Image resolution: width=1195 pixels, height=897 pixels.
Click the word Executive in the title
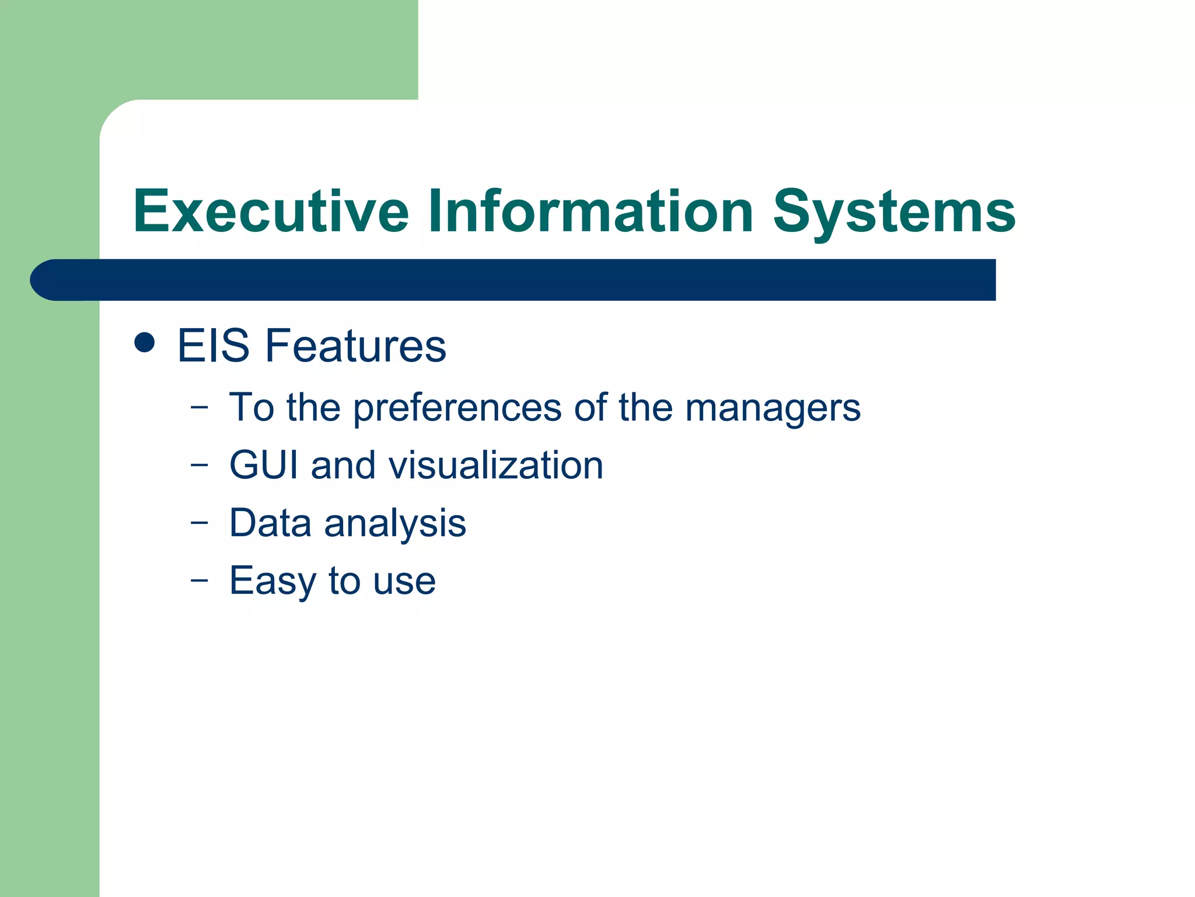click(x=271, y=211)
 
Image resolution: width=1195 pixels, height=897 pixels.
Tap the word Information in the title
click(x=590, y=211)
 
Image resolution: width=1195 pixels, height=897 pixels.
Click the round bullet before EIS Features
click(x=144, y=343)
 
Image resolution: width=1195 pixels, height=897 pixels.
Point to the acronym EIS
click(x=213, y=346)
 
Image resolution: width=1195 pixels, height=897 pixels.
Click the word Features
click(x=355, y=346)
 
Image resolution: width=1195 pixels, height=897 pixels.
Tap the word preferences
click(x=457, y=408)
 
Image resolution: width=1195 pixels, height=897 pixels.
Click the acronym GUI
click(x=263, y=465)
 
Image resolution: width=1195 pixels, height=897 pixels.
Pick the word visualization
click(x=495, y=465)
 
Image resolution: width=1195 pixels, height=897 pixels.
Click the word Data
click(x=270, y=523)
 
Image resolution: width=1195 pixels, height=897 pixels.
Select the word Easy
click(x=272, y=581)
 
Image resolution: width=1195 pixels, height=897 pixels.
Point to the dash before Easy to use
click(x=199, y=580)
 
